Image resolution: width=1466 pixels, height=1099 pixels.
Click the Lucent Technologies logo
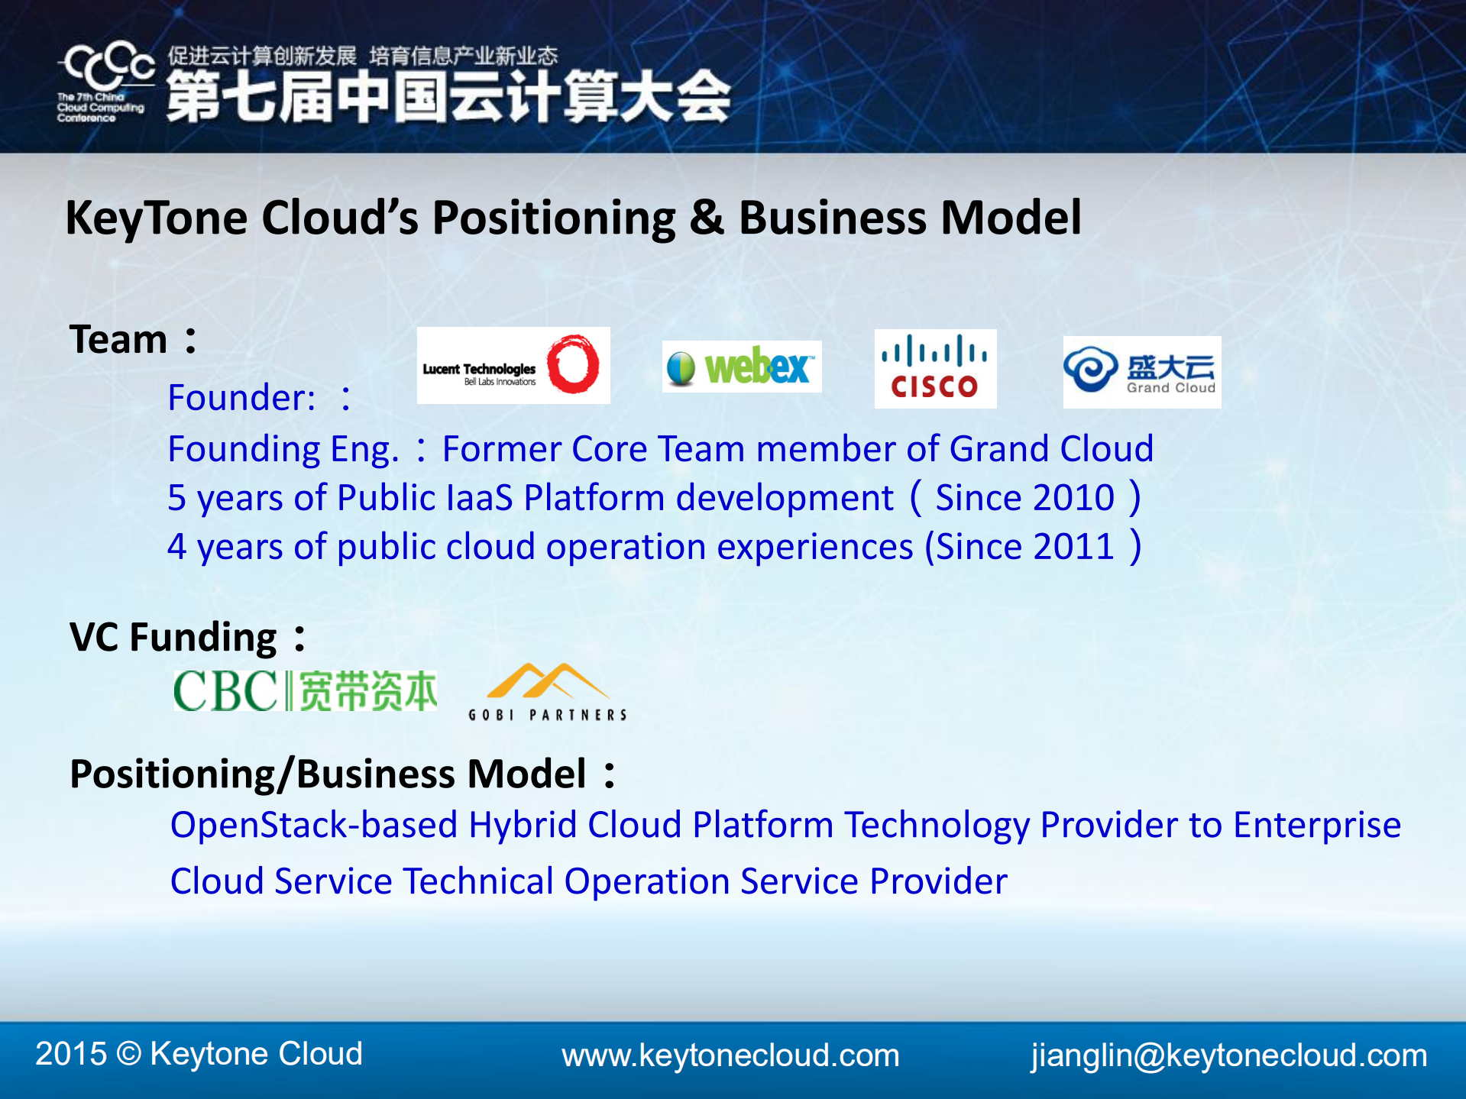tap(513, 365)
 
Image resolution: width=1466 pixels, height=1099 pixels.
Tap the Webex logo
tap(742, 367)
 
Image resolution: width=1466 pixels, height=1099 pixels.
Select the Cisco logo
tap(935, 368)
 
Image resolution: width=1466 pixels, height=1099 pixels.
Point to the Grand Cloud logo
tap(1142, 372)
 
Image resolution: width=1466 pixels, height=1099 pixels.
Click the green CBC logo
tap(306, 690)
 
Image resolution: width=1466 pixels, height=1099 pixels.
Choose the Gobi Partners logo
tap(548, 692)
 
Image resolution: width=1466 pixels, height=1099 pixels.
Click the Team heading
tap(133, 339)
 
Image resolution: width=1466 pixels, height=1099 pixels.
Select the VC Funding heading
tap(188, 637)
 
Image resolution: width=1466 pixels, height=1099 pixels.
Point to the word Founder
tap(241, 397)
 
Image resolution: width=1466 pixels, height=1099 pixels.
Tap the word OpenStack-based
tap(314, 825)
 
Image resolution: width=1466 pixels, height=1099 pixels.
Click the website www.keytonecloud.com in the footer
tap(730, 1055)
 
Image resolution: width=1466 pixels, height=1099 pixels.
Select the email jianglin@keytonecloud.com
tap(1228, 1055)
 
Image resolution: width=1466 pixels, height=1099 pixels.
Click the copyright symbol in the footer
tap(129, 1054)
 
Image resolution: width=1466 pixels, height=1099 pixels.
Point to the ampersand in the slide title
tap(707, 218)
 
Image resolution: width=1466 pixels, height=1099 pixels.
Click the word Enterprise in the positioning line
tap(1317, 826)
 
